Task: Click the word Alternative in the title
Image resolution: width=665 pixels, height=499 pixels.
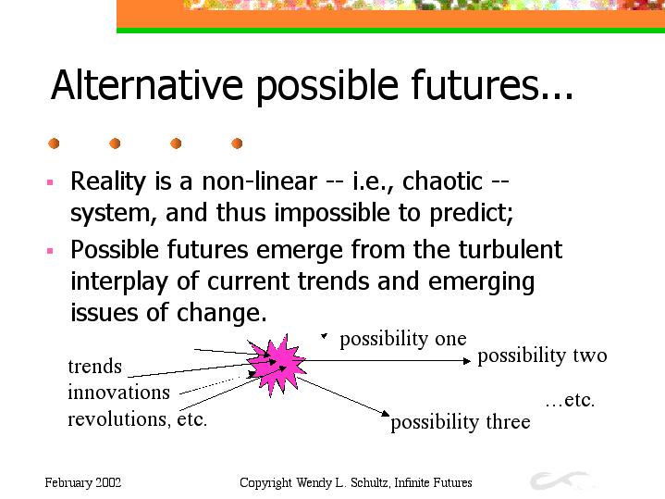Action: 147,84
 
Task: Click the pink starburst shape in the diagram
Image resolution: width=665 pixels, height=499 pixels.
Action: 277,365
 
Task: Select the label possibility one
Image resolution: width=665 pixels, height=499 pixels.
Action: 403,340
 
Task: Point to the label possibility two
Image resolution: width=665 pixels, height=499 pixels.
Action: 542,356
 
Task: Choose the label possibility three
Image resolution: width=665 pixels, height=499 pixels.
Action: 461,422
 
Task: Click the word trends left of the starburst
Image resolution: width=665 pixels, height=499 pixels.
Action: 95,367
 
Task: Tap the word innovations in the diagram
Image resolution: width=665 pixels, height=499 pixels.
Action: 118,392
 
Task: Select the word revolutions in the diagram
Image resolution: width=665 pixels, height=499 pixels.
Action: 117,419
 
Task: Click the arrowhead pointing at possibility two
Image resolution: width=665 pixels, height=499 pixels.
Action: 467,361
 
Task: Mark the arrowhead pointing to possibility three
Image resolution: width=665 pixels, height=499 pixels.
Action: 385,413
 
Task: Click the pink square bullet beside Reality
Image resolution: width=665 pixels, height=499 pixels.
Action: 50,182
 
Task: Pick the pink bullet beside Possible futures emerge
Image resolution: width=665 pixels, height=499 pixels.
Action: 50,251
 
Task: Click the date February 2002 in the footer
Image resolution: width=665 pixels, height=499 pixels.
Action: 83,483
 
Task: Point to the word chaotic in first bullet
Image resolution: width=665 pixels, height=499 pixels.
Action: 442,181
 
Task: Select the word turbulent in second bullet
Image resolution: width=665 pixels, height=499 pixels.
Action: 511,249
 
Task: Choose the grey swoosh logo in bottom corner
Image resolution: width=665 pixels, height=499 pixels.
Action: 560,480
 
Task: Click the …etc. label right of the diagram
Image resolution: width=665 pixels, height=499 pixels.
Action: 570,401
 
